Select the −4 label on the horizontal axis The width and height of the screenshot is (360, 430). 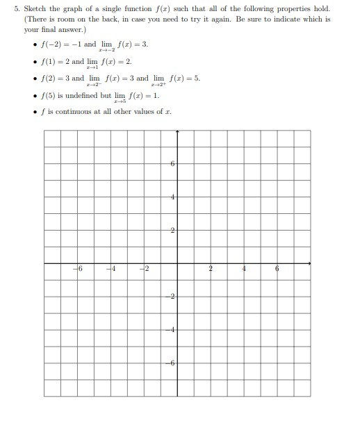112,269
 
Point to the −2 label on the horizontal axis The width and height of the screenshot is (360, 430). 145,269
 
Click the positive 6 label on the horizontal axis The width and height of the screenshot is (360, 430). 277,269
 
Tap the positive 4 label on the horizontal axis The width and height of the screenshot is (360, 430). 244,269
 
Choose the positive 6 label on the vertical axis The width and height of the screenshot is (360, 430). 172,164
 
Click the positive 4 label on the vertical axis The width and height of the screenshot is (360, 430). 172,197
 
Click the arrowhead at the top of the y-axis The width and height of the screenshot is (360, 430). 177,130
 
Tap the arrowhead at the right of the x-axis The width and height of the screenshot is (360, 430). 309,263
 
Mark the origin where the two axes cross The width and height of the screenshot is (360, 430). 177,263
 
